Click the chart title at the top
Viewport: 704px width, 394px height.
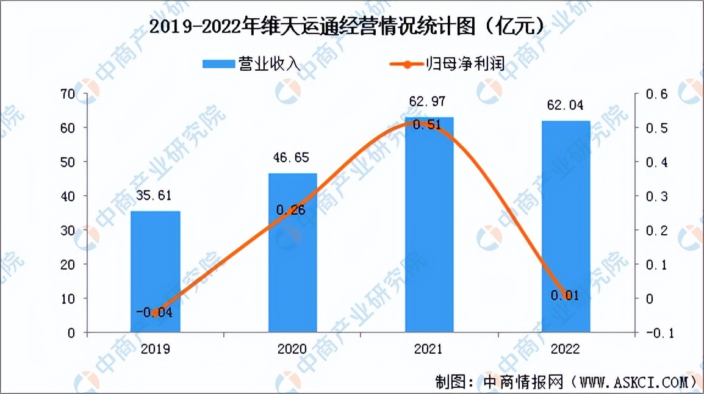(347, 26)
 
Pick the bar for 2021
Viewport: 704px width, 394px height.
(429, 232)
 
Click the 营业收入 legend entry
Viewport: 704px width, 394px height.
(251, 63)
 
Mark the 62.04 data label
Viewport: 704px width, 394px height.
(566, 106)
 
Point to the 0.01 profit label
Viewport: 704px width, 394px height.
(564, 296)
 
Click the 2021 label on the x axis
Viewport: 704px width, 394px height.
(429, 349)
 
